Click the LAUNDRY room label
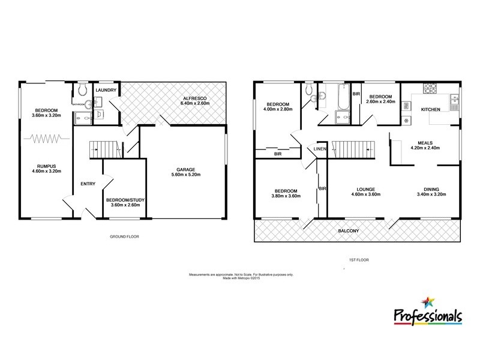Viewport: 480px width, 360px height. coord(106,91)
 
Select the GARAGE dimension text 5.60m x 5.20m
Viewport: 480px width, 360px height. coord(186,175)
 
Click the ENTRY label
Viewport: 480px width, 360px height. coord(88,184)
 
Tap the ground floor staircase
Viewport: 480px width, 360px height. coord(103,148)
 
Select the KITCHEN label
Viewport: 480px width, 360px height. coord(431,109)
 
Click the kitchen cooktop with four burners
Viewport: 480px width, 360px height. coord(431,89)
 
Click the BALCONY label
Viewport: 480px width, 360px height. coord(356,230)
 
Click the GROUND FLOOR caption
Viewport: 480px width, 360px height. coord(125,236)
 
